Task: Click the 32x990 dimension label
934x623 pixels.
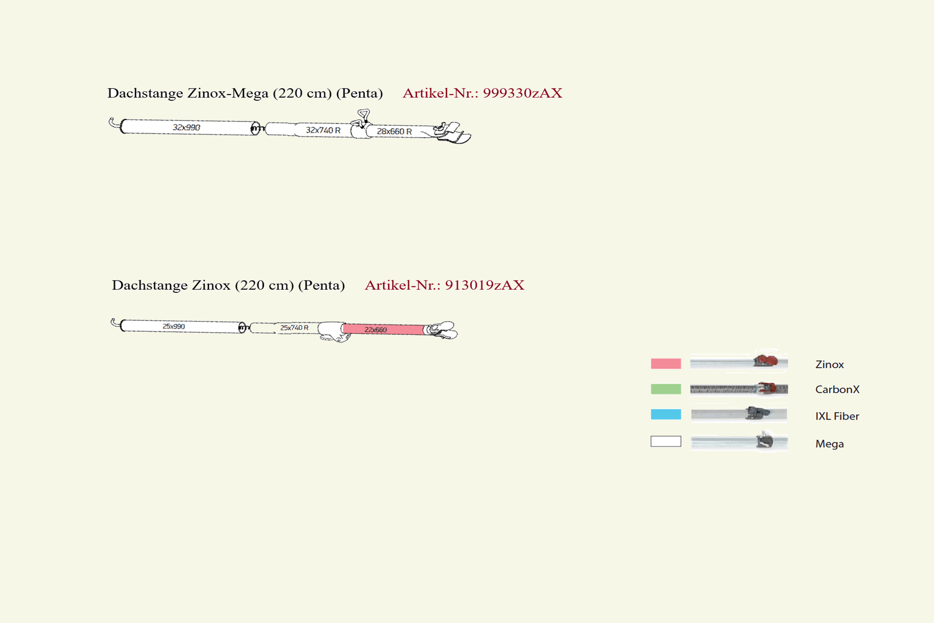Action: click(186, 127)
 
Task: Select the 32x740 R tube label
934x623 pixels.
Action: click(323, 130)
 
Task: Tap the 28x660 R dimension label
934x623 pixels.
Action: click(394, 131)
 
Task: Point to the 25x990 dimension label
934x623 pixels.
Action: click(174, 327)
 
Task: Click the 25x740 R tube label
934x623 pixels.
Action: click(294, 328)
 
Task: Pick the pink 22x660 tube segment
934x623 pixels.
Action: click(383, 329)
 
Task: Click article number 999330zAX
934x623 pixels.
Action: click(523, 93)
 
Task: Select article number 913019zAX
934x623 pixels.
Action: click(485, 285)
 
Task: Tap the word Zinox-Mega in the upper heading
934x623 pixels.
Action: click(228, 93)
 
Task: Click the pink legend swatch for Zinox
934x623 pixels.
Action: click(666, 363)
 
